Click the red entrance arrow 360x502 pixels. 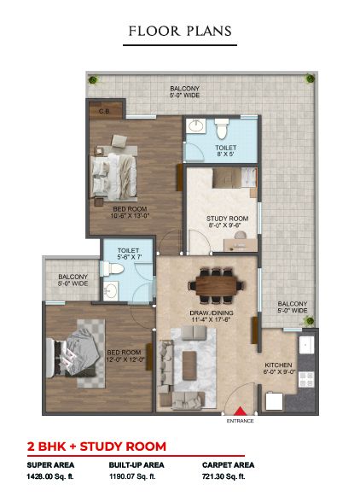point(240,412)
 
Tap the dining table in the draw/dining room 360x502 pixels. point(216,285)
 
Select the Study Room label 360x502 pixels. point(227,219)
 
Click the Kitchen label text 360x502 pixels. point(278,365)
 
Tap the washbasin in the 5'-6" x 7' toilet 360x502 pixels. point(111,290)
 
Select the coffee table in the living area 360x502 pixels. point(189,365)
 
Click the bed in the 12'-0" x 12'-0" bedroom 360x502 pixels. point(72,357)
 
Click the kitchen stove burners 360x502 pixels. point(306,379)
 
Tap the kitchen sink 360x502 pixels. point(306,345)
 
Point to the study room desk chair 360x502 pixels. point(240,236)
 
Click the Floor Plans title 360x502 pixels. point(180,31)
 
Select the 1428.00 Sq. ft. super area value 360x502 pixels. point(50,476)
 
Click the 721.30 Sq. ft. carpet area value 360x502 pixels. point(224,476)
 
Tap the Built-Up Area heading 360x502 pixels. point(136,464)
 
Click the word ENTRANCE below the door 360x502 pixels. point(240,421)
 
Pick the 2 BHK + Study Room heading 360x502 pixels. point(96,447)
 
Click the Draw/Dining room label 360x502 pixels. point(212,312)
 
